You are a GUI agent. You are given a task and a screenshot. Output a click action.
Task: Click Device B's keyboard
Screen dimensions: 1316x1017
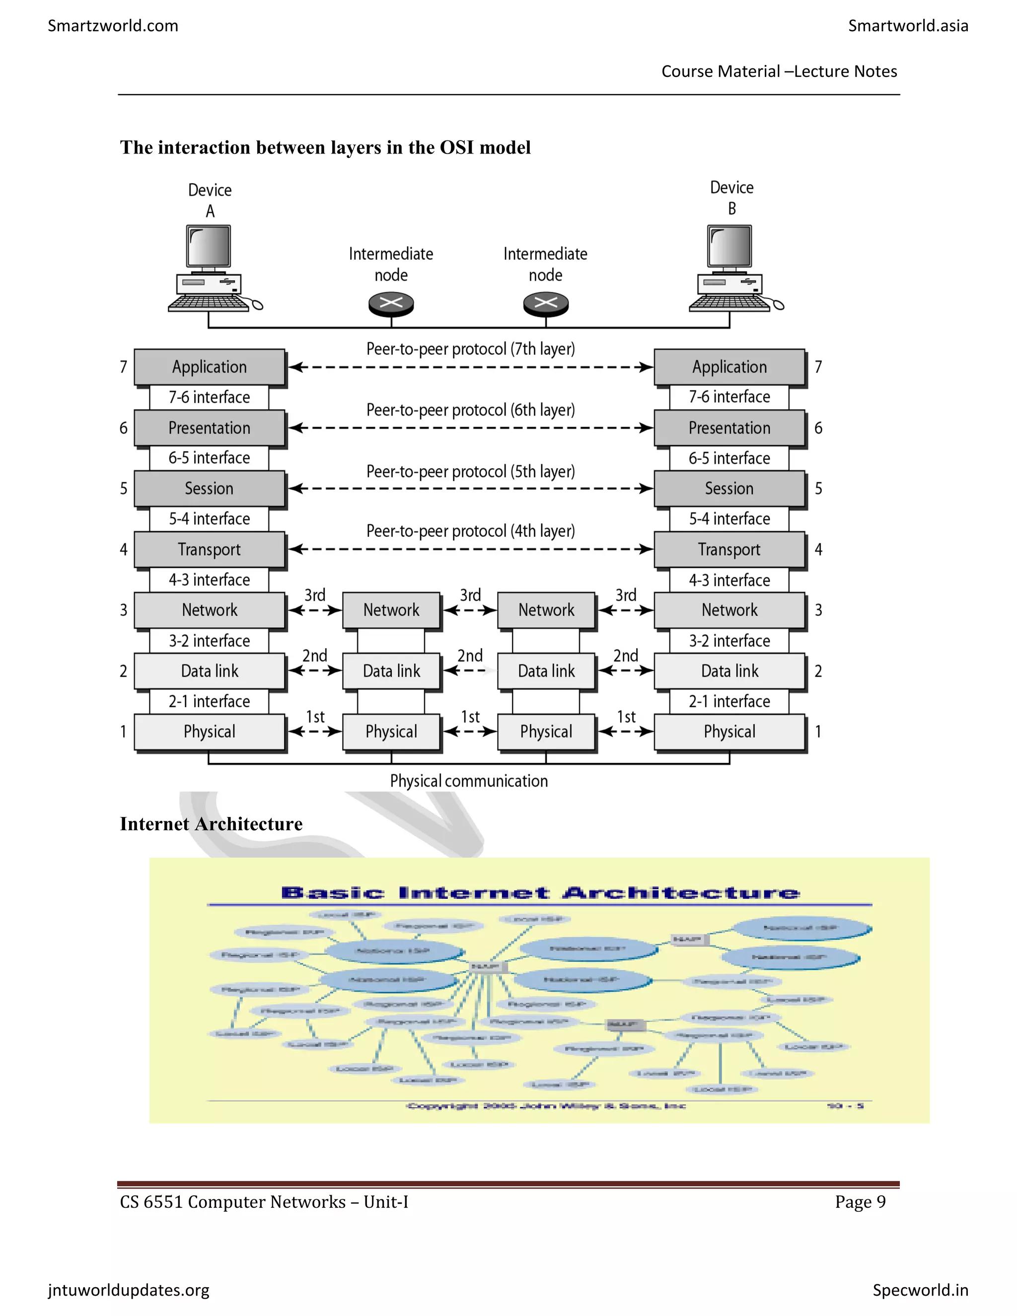point(729,302)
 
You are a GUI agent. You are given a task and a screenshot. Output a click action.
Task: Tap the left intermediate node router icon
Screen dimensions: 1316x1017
point(391,303)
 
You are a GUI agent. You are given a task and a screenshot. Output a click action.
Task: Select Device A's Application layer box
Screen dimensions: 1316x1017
point(209,367)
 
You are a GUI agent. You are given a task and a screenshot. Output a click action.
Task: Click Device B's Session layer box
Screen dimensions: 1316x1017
point(729,488)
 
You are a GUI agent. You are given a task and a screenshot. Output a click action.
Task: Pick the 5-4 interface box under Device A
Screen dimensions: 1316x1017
point(209,519)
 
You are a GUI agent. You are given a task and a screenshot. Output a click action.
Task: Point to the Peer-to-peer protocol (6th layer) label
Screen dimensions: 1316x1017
point(471,410)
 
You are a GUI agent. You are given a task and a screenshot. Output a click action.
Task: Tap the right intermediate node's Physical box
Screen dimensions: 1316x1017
point(546,731)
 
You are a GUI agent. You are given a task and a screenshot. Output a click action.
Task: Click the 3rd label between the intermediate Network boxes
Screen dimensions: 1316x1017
point(470,595)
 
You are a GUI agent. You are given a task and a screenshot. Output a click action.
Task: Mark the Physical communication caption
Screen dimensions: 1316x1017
point(469,781)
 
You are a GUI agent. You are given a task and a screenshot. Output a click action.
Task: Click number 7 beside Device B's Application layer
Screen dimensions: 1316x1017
point(818,367)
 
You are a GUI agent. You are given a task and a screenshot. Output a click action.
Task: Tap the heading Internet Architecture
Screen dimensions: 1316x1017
point(211,824)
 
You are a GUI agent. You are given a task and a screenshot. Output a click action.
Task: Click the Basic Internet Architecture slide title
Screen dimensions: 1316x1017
point(540,892)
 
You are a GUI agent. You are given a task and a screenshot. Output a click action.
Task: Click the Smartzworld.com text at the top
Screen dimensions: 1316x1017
point(113,26)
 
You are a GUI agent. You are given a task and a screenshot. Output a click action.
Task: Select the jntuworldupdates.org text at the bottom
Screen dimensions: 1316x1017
point(128,1290)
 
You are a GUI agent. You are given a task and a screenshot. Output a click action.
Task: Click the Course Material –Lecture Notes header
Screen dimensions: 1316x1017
point(779,72)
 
